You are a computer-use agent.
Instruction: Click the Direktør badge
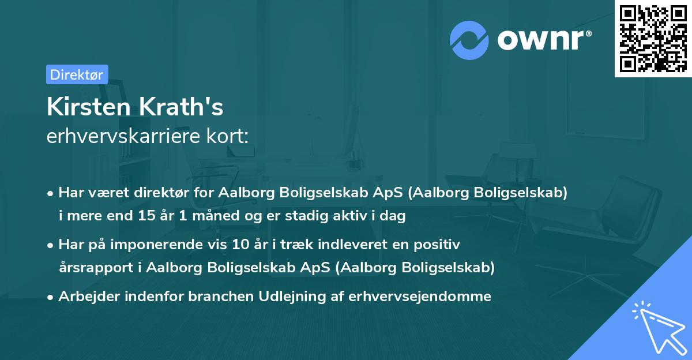pyautogui.click(x=77, y=74)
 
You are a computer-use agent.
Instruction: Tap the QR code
pyautogui.click(x=653, y=38)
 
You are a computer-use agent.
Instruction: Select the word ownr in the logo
pyautogui.click(x=543, y=40)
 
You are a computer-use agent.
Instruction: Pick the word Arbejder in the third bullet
pyautogui.click(x=85, y=297)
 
